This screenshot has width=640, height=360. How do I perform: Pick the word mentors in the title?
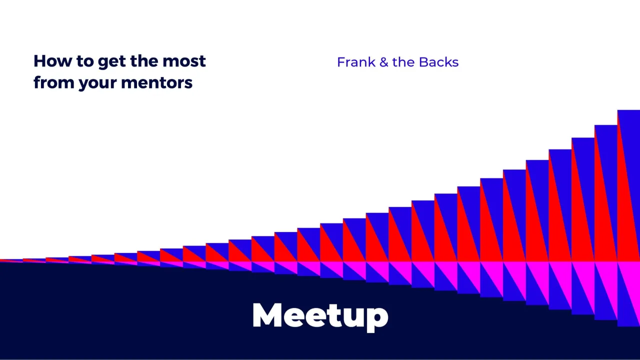coord(156,82)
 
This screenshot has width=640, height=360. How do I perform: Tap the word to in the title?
coord(85,61)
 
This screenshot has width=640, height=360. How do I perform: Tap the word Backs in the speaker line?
coord(438,62)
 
